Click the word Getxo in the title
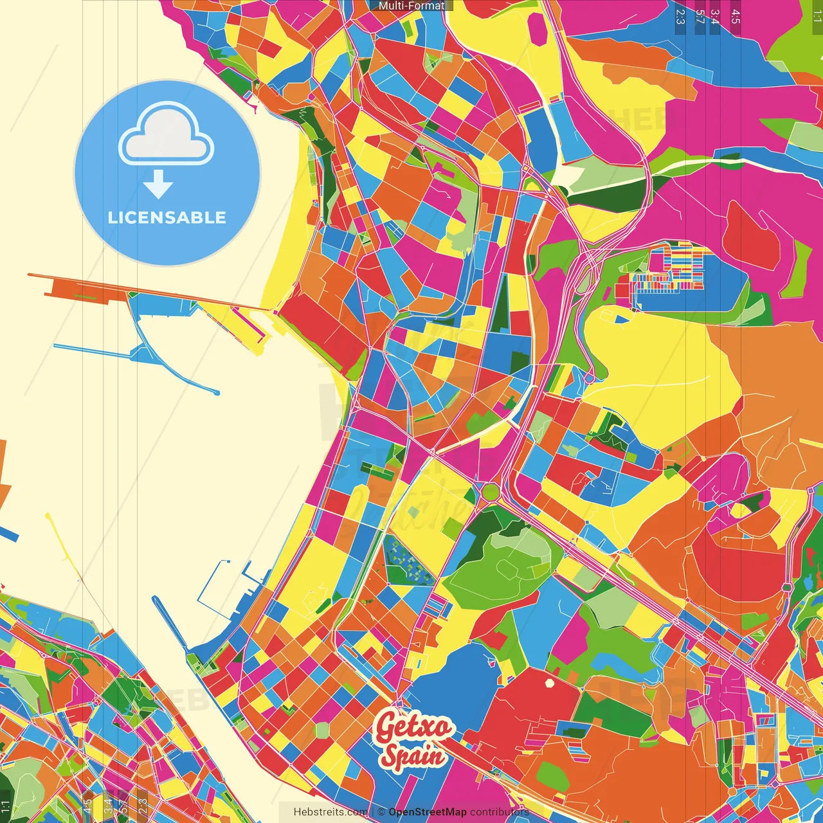coord(413,727)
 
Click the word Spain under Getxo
coord(412,755)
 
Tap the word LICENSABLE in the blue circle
coord(167,217)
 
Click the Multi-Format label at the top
coord(411,6)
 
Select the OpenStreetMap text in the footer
coord(427,812)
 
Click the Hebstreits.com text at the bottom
coord(330,812)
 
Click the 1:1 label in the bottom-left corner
coord(6,806)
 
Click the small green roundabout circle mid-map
coord(491,493)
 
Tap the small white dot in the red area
coord(549,683)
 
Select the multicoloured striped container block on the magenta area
coord(669,270)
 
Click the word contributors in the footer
coord(500,812)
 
